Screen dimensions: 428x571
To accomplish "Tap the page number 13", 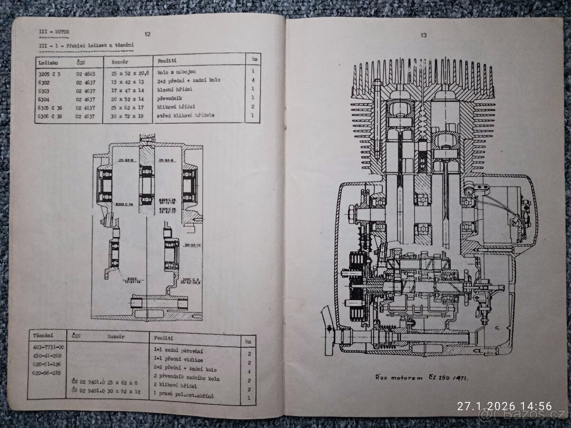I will (x=423, y=35).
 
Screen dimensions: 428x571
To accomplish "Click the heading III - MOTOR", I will (x=54, y=32).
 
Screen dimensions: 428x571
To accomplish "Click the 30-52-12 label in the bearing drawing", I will (x=192, y=245).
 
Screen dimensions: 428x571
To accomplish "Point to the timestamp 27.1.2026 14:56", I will (x=504, y=406).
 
